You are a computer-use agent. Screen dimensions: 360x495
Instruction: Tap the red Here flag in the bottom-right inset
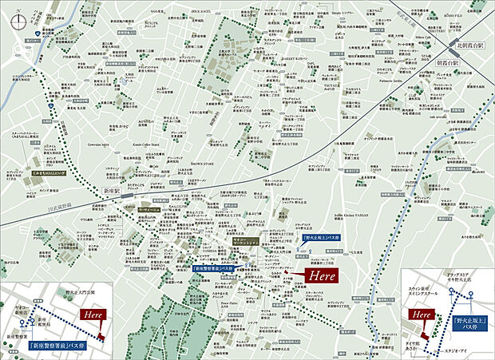coord(420,315)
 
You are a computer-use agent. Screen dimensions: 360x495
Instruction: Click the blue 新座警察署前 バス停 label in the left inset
coord(57,346)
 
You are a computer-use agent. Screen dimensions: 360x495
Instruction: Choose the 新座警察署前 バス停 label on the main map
coord(216,269)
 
